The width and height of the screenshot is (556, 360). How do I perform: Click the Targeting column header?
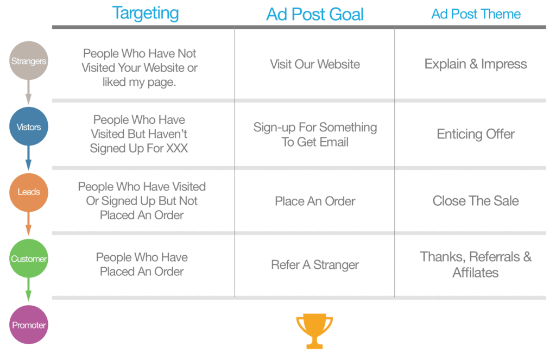[x=146, y=14]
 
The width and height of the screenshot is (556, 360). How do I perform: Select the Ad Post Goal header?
[x=315, y=14]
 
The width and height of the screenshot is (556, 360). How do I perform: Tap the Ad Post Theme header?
[x=476, y=14]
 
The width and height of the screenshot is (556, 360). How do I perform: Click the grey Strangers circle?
[x=28, y=61]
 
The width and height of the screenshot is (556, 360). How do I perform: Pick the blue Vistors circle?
[x=28, y=127]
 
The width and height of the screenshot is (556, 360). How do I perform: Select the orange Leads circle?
[x=28, y=192]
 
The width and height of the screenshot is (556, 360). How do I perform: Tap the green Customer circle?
[x=28, y=258]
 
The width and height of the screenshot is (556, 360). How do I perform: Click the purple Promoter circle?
[x=28, y=325]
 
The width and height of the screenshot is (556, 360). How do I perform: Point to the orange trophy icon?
[x=314, y=331]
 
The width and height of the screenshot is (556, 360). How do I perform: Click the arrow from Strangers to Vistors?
[x=28, y=92]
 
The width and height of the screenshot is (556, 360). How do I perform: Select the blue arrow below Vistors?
[x=28, y=158]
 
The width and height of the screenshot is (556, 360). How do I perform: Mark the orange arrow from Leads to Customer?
[x=28, y=224]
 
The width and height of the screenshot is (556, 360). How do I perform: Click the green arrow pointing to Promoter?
[x=28, y=290]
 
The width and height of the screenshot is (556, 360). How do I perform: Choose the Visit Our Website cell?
[x=315, y=64]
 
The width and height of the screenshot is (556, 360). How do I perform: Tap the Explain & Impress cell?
[x=476, y=64]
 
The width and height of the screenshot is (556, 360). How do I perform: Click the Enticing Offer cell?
[x=476, y=134]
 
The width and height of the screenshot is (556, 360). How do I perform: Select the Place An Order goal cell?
[x=315, y=201]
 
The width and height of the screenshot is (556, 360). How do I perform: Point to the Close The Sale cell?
[x=476, y=201]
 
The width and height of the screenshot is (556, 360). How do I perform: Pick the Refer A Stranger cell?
[x=315, y=264]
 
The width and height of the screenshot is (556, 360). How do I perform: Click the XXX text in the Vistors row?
[x=177, y=148]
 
